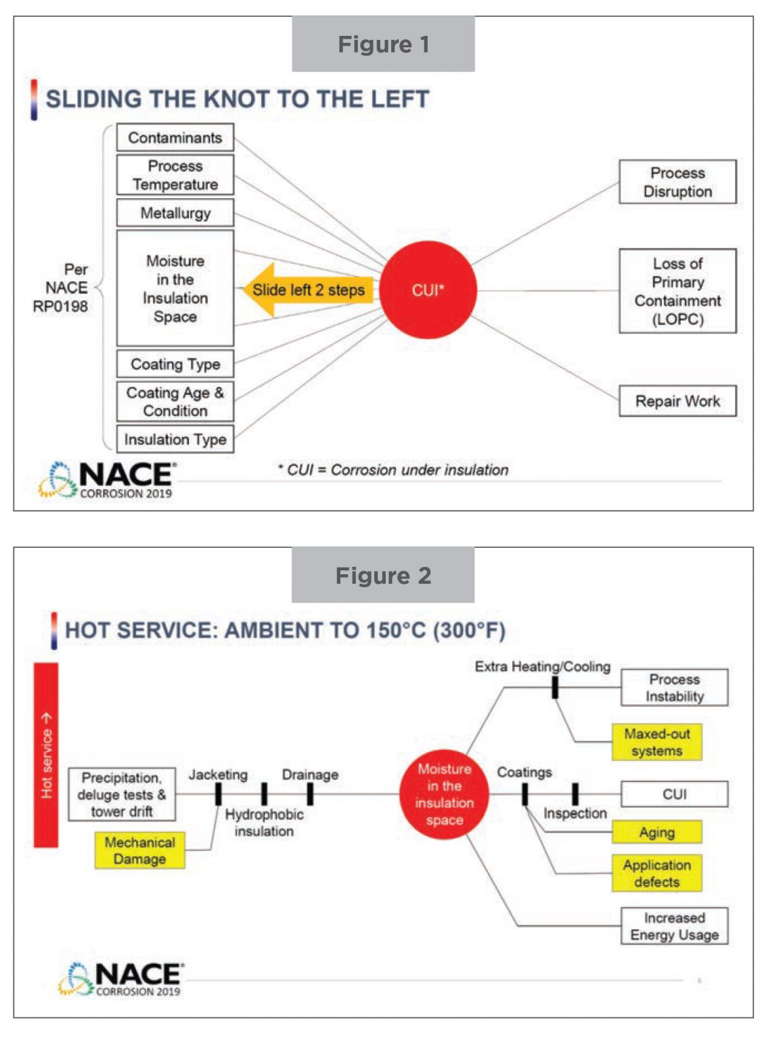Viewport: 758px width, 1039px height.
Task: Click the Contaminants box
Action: tap(175, 138)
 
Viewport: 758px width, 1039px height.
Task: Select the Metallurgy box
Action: tap(175, 213)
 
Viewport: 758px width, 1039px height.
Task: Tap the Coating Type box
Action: tap(175, 364)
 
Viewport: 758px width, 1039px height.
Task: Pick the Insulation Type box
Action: tap(175, 439)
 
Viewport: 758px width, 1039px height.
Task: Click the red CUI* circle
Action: tap(428, 290)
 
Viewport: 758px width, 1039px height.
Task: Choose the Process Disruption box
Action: tap(677, 182)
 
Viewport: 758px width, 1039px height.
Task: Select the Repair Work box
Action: tap(677, 401)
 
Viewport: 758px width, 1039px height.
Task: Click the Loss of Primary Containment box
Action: tap(677, 291)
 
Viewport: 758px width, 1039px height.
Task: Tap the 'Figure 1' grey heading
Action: tap(383, 45)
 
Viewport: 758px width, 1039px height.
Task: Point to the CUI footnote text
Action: tap(393, 470)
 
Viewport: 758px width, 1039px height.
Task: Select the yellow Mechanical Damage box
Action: tap(140, 850)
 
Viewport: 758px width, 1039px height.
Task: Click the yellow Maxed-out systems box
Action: tap(656, 742)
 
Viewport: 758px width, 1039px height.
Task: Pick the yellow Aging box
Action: tap(656, 832)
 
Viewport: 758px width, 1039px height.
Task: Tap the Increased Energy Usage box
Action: tap(674, 926)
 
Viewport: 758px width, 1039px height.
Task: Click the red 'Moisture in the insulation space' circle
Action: tap(444, 794)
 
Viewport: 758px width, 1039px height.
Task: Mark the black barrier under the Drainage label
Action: tap(310, 794)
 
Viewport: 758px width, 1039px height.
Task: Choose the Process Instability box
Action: tap(674, 687)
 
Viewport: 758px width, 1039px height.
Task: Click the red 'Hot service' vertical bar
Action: tap(46, 754)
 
